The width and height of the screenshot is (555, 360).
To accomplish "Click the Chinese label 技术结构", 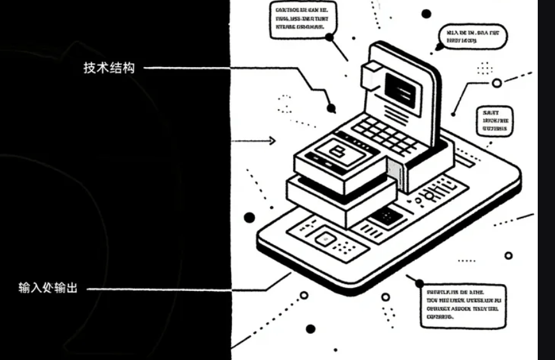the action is pos(109,68).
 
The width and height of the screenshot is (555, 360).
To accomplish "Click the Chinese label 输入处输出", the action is pos(48,288).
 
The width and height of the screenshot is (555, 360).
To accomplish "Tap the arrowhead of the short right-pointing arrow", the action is pos(273,141).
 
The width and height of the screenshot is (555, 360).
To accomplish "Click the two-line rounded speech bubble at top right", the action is pos(472,36).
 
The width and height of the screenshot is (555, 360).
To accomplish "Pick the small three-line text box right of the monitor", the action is pos(495,120).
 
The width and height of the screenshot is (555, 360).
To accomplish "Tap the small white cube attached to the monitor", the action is pos(370,75).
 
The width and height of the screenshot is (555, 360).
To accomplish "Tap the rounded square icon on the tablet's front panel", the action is pos(324,240).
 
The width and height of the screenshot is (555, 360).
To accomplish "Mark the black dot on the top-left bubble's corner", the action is pos(330,38).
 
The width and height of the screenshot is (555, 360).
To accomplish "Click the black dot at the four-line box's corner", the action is pos(419,283).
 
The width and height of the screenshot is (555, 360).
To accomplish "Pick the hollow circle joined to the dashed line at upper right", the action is pos(496,83).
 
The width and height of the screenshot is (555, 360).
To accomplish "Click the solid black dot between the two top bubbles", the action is pos(426,13).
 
